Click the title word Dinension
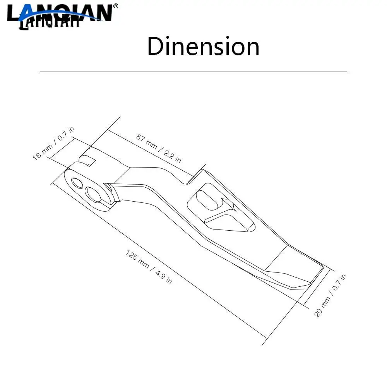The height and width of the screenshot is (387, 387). [203, 46]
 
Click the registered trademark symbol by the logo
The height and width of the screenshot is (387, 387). [115, 6]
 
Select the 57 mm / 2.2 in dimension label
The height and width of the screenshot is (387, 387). [159, 148]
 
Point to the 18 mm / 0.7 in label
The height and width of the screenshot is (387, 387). [53, 144]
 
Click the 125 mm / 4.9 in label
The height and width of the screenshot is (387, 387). [149, 267]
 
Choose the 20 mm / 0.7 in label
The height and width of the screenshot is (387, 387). [330, 295]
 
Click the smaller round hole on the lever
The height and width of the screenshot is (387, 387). [77, 183]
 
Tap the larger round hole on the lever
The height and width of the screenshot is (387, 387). [93, 194]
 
